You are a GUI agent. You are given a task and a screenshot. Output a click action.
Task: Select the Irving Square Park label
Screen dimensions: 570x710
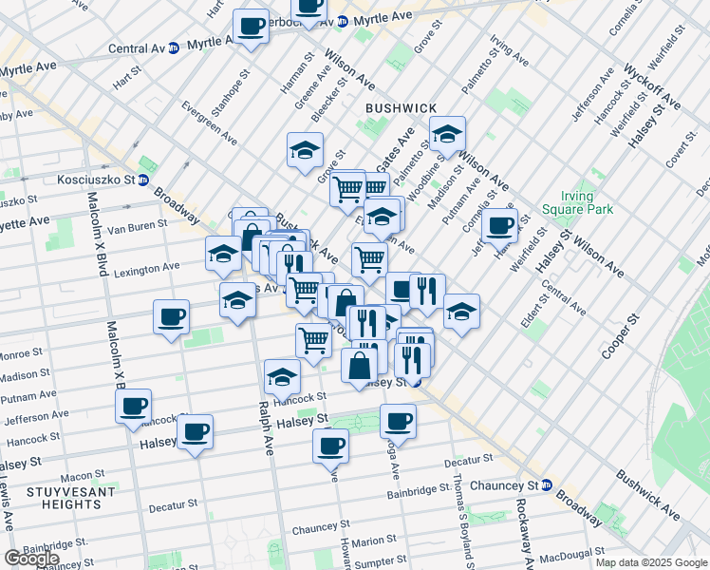577,202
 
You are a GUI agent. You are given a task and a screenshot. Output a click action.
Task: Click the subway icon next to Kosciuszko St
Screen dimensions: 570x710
142,180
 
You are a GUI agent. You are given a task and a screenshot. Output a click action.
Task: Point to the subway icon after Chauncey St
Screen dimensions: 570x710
548,484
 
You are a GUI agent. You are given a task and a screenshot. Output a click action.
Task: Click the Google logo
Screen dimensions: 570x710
31,559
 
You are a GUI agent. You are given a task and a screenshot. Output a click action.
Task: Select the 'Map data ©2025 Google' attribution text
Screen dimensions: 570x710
650,562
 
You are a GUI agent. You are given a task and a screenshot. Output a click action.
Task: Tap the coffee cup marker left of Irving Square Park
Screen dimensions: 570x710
499,226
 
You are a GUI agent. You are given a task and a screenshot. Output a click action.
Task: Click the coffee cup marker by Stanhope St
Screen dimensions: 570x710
252,27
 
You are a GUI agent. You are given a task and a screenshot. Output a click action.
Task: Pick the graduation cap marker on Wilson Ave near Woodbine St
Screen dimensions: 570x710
447,135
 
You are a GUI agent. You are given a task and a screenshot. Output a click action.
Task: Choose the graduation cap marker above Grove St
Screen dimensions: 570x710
305,150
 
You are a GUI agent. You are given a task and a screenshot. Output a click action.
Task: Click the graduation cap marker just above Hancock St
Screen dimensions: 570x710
281,377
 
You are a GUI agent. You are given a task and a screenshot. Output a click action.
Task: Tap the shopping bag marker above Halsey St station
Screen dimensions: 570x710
360,367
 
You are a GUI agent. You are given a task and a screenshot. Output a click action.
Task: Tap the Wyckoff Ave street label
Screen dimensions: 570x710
651,85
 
